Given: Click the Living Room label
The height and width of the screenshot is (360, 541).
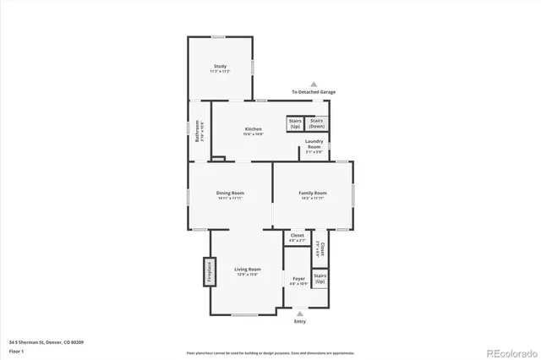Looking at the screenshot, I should [x=247, y=271].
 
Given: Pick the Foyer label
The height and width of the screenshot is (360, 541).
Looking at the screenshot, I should [x=298, y=280].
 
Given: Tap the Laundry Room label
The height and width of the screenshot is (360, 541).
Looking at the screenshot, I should [x=314, y=144].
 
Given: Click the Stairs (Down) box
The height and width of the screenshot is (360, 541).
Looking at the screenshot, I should [x=316, y=123].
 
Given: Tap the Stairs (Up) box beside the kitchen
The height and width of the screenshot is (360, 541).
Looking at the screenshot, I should [x=295, y=123].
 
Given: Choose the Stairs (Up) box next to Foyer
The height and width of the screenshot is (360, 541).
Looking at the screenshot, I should [x=320, y=277].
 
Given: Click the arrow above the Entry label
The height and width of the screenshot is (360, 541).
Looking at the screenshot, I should [x=299, y=313].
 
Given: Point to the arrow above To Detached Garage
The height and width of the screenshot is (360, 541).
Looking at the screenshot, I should [x=313, y=84].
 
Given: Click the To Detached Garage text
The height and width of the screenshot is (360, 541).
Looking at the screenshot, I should [x=313, y=92].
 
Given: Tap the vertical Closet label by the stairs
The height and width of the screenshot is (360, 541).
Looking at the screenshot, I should [x=321, y=248].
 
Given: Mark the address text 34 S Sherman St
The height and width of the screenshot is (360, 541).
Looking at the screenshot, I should [x=46, y=341].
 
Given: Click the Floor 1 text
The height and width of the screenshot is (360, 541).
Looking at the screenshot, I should [x=15, y=350].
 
